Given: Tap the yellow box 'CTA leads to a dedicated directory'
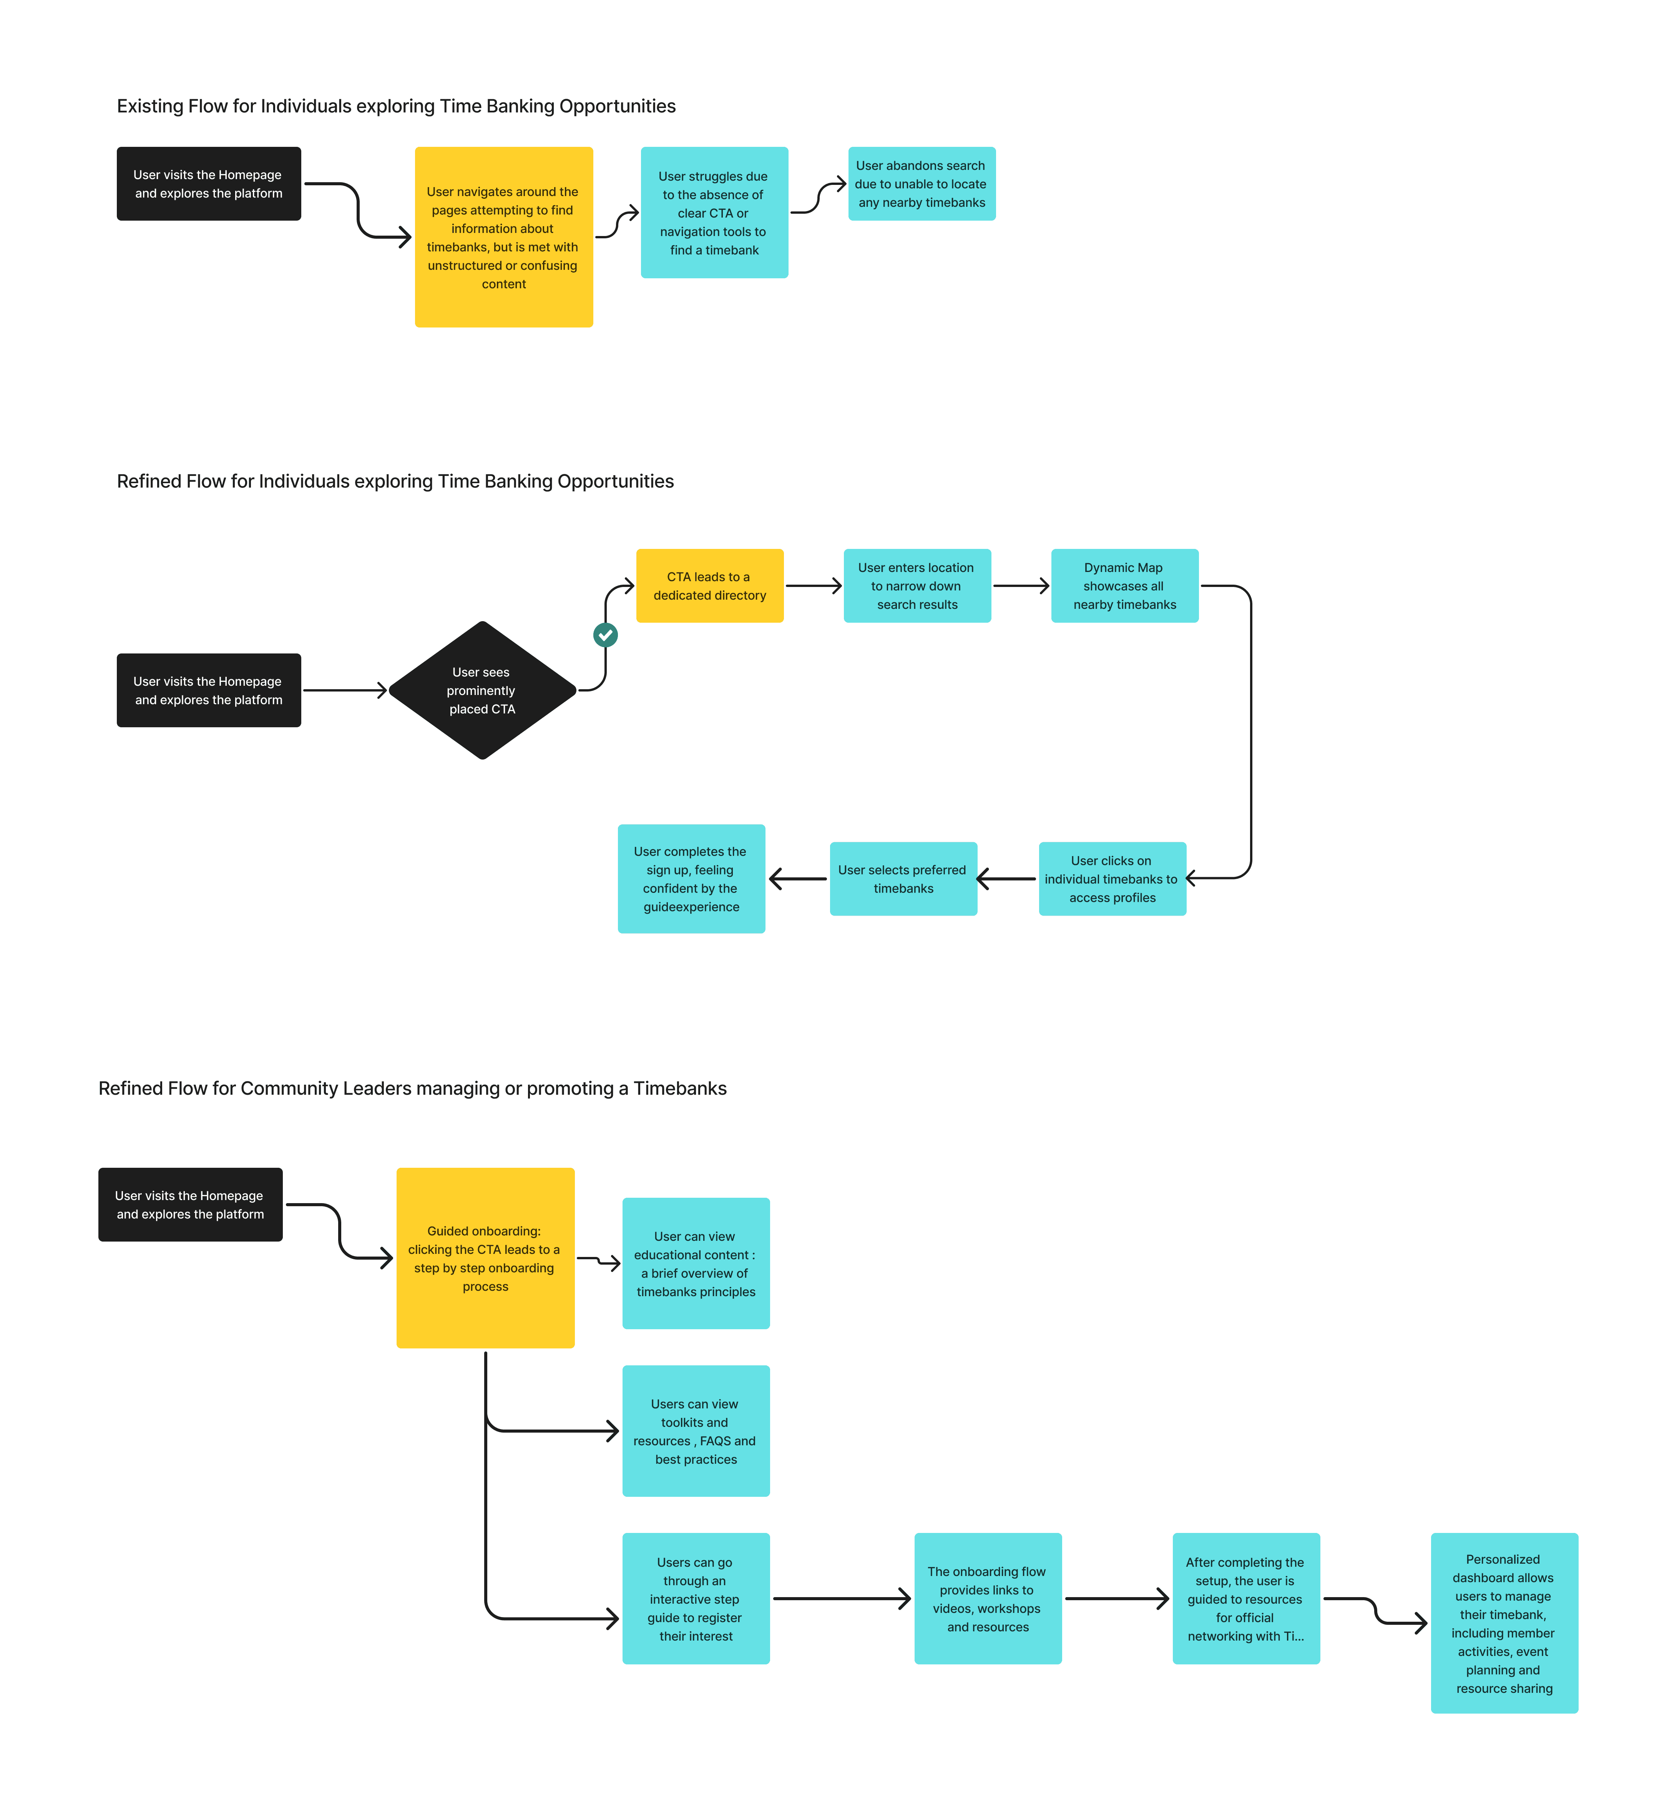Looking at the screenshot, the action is [x=710, y=585].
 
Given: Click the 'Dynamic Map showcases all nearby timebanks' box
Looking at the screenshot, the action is [x=1124, y=585].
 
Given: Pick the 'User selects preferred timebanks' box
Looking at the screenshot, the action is [x=903, y=879].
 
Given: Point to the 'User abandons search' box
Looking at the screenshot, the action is [x=922, y=183].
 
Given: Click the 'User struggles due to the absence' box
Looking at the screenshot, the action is [x=714, y=213].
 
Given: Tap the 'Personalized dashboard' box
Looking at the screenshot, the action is [x=1504, y=1623].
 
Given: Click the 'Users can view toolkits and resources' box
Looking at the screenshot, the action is [x=696, y=1431].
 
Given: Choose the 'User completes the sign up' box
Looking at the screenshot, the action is [x=691, y=879].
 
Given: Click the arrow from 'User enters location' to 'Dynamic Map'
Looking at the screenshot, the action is [x=1021, y=585].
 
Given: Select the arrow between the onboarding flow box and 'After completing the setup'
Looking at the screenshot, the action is [x=1117, y=1599].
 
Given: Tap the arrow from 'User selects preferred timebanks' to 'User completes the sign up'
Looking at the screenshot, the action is [x=798, y=879].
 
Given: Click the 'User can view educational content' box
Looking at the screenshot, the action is [x=696, y=1264].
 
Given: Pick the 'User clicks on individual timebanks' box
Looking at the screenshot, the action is [x=1112, y=879].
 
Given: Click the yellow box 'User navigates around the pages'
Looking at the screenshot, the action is [x=504, y=237].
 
